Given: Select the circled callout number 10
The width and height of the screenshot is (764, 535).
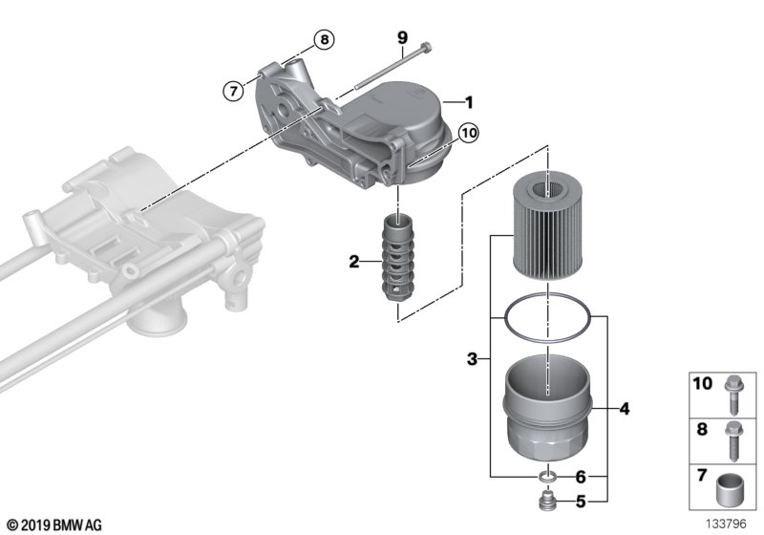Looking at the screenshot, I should (468, 133).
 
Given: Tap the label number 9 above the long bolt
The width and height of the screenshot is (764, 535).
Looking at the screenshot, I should (402, 37).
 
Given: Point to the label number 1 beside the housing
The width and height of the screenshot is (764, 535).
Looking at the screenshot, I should (469, 101).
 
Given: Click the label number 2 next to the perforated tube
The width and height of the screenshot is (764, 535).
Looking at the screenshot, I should (353, 261).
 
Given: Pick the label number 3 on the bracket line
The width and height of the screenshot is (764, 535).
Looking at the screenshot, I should (472, 359).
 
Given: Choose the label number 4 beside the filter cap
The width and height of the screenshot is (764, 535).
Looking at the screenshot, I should (624, 410).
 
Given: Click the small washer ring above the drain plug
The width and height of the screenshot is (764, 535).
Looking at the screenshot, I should (549, 477).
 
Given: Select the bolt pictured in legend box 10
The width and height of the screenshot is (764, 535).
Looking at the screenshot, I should (732, 392).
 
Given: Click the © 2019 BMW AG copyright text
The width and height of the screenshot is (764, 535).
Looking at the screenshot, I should (53, 524).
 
